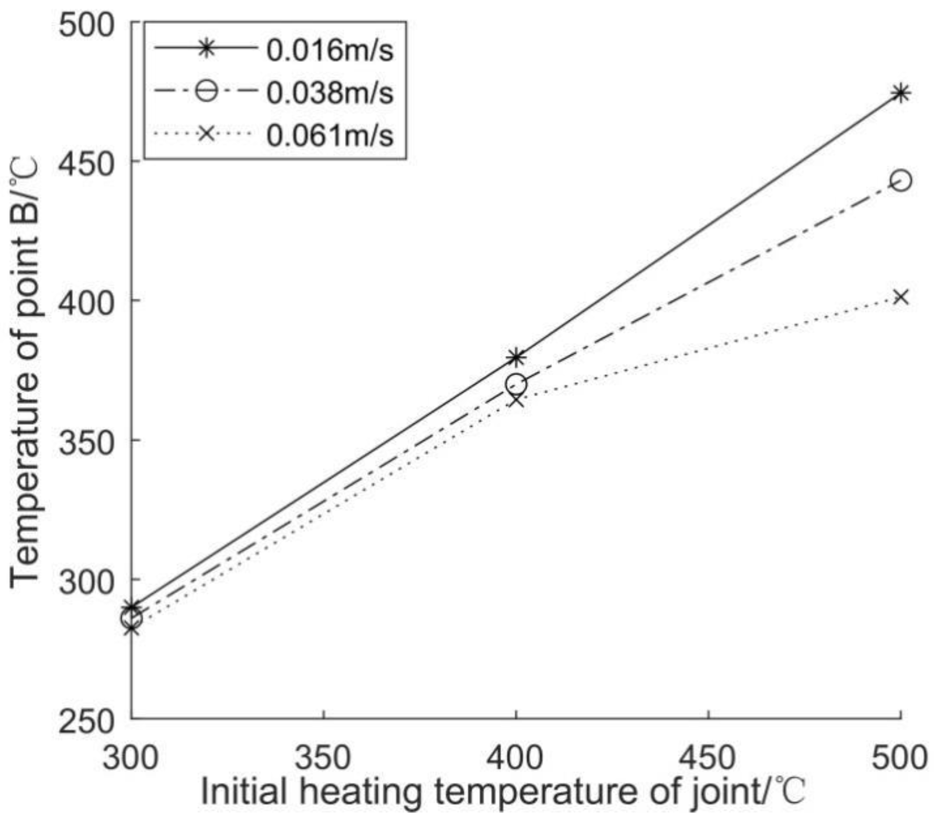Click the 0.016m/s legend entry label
330,50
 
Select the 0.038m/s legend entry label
330,92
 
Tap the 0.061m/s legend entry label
330,135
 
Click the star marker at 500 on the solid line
901,93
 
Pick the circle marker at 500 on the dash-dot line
901,181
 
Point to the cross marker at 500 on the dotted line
901,297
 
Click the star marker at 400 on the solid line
516,357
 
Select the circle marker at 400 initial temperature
516,384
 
